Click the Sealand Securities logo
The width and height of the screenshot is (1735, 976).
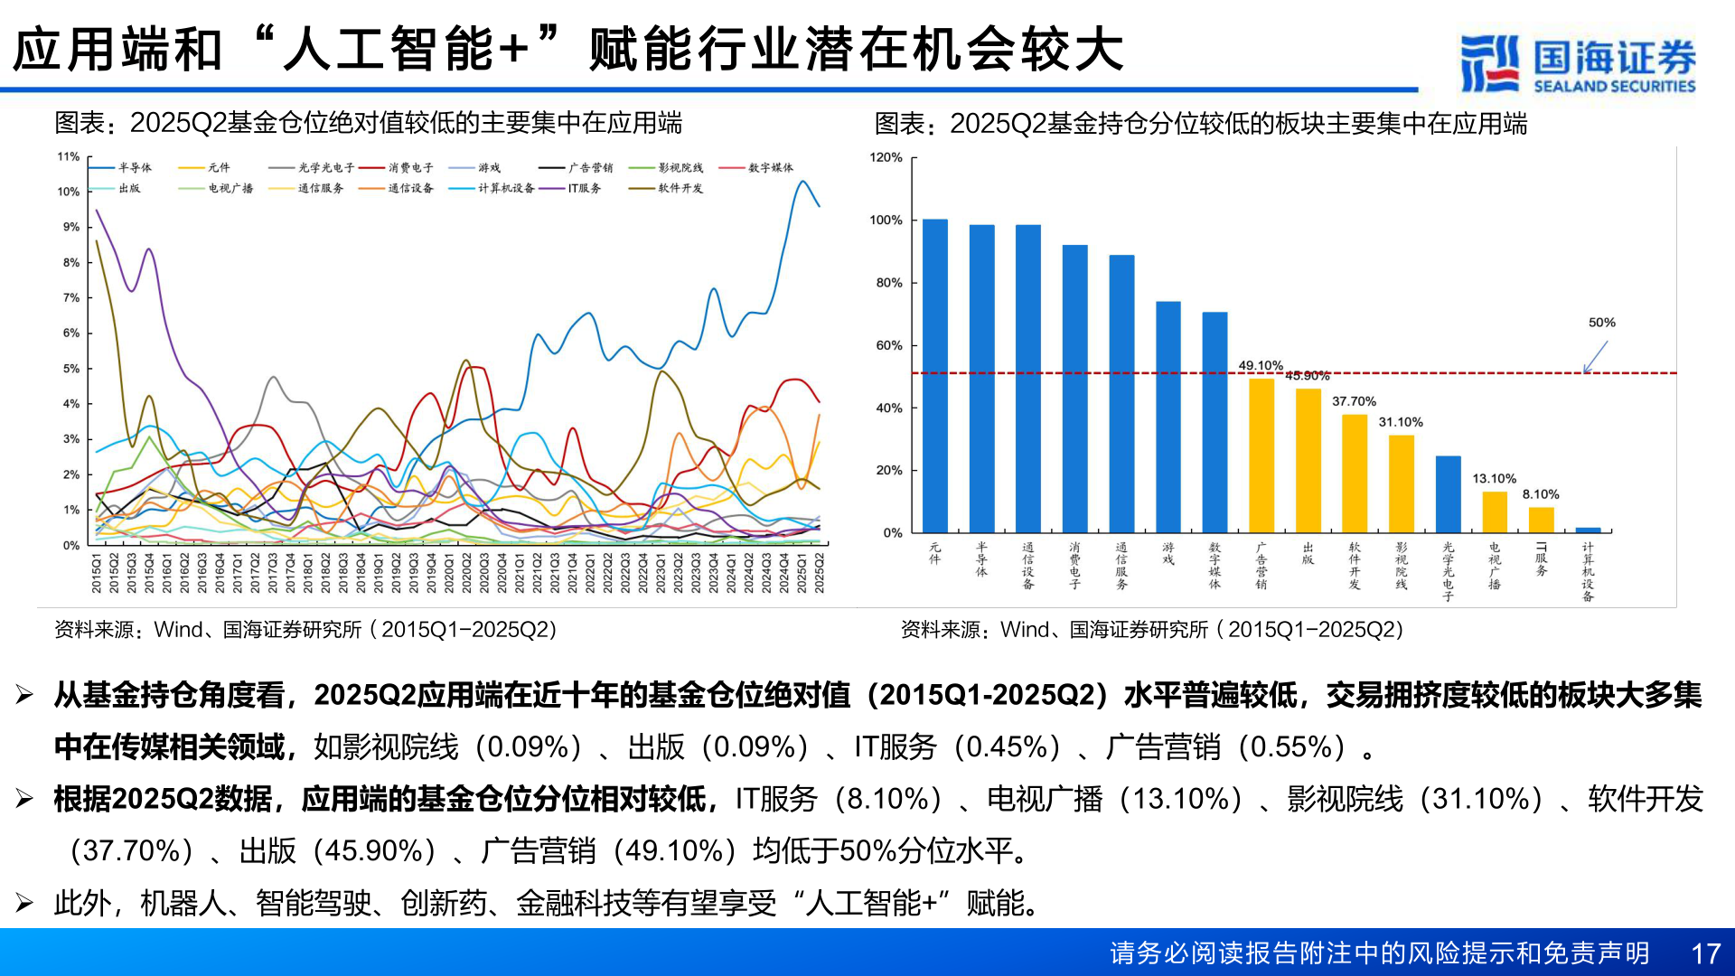1578,63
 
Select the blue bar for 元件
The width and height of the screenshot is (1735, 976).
934,376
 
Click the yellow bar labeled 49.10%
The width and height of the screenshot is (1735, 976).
1261,455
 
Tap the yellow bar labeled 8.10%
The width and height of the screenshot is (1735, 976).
1541,520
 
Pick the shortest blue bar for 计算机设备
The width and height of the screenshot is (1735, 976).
1588,530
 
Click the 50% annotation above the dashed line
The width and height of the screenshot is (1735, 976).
1601,323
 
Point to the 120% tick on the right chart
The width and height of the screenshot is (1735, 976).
886,157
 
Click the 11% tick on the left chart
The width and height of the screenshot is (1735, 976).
69,156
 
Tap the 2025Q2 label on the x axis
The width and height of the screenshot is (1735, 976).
820,574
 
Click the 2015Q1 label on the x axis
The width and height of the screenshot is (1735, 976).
96,574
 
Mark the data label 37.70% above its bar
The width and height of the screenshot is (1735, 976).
1354,401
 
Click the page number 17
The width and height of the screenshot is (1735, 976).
1705,953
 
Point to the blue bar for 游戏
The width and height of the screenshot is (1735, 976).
1168,417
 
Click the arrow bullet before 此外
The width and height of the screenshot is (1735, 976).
24,903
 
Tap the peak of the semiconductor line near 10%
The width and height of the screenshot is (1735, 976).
802,182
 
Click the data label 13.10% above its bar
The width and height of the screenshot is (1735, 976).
1494,479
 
